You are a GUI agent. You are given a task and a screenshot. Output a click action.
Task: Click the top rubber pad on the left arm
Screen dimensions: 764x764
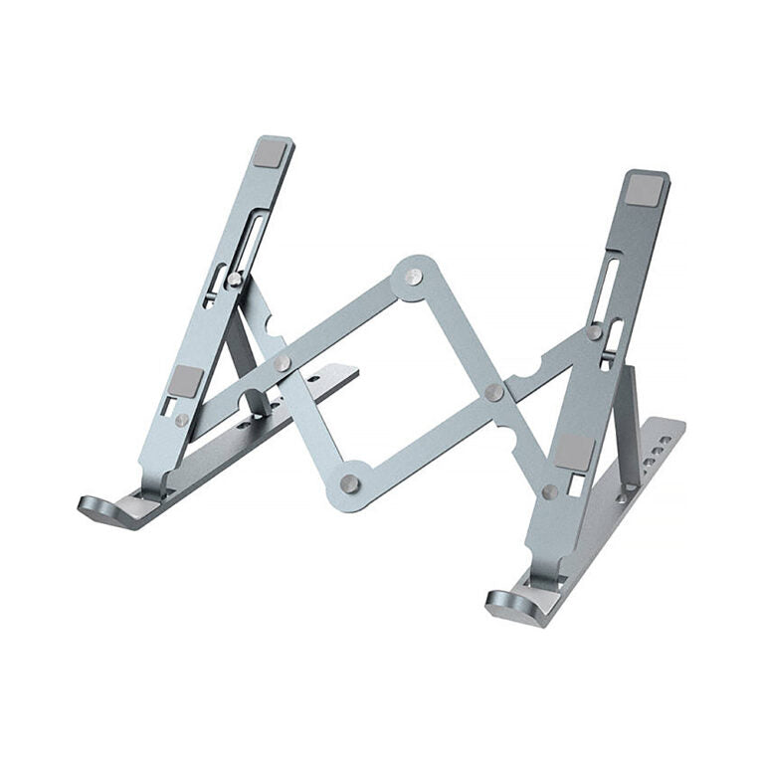click(x=269, y=152)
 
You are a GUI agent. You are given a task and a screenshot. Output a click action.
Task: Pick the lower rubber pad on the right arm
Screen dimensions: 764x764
click(x=575, y=452)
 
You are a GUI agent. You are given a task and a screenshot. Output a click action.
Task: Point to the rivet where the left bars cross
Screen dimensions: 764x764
click(x=284, y=363)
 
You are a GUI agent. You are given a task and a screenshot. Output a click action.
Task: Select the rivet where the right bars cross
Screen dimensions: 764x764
click(x=494, y=392)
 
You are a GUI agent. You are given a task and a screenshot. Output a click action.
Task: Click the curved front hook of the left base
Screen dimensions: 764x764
click(x=99, y=507)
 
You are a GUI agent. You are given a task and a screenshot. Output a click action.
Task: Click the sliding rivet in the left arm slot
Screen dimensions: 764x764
click(x=234, y=280)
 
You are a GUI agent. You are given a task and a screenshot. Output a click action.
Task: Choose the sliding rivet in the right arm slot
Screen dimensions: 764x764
click(x=595, y=332)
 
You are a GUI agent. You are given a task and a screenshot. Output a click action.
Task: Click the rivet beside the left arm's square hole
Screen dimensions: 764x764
click(x=182, y=420)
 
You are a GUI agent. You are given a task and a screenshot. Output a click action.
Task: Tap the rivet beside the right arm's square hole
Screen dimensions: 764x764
click(x=550, y=491)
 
